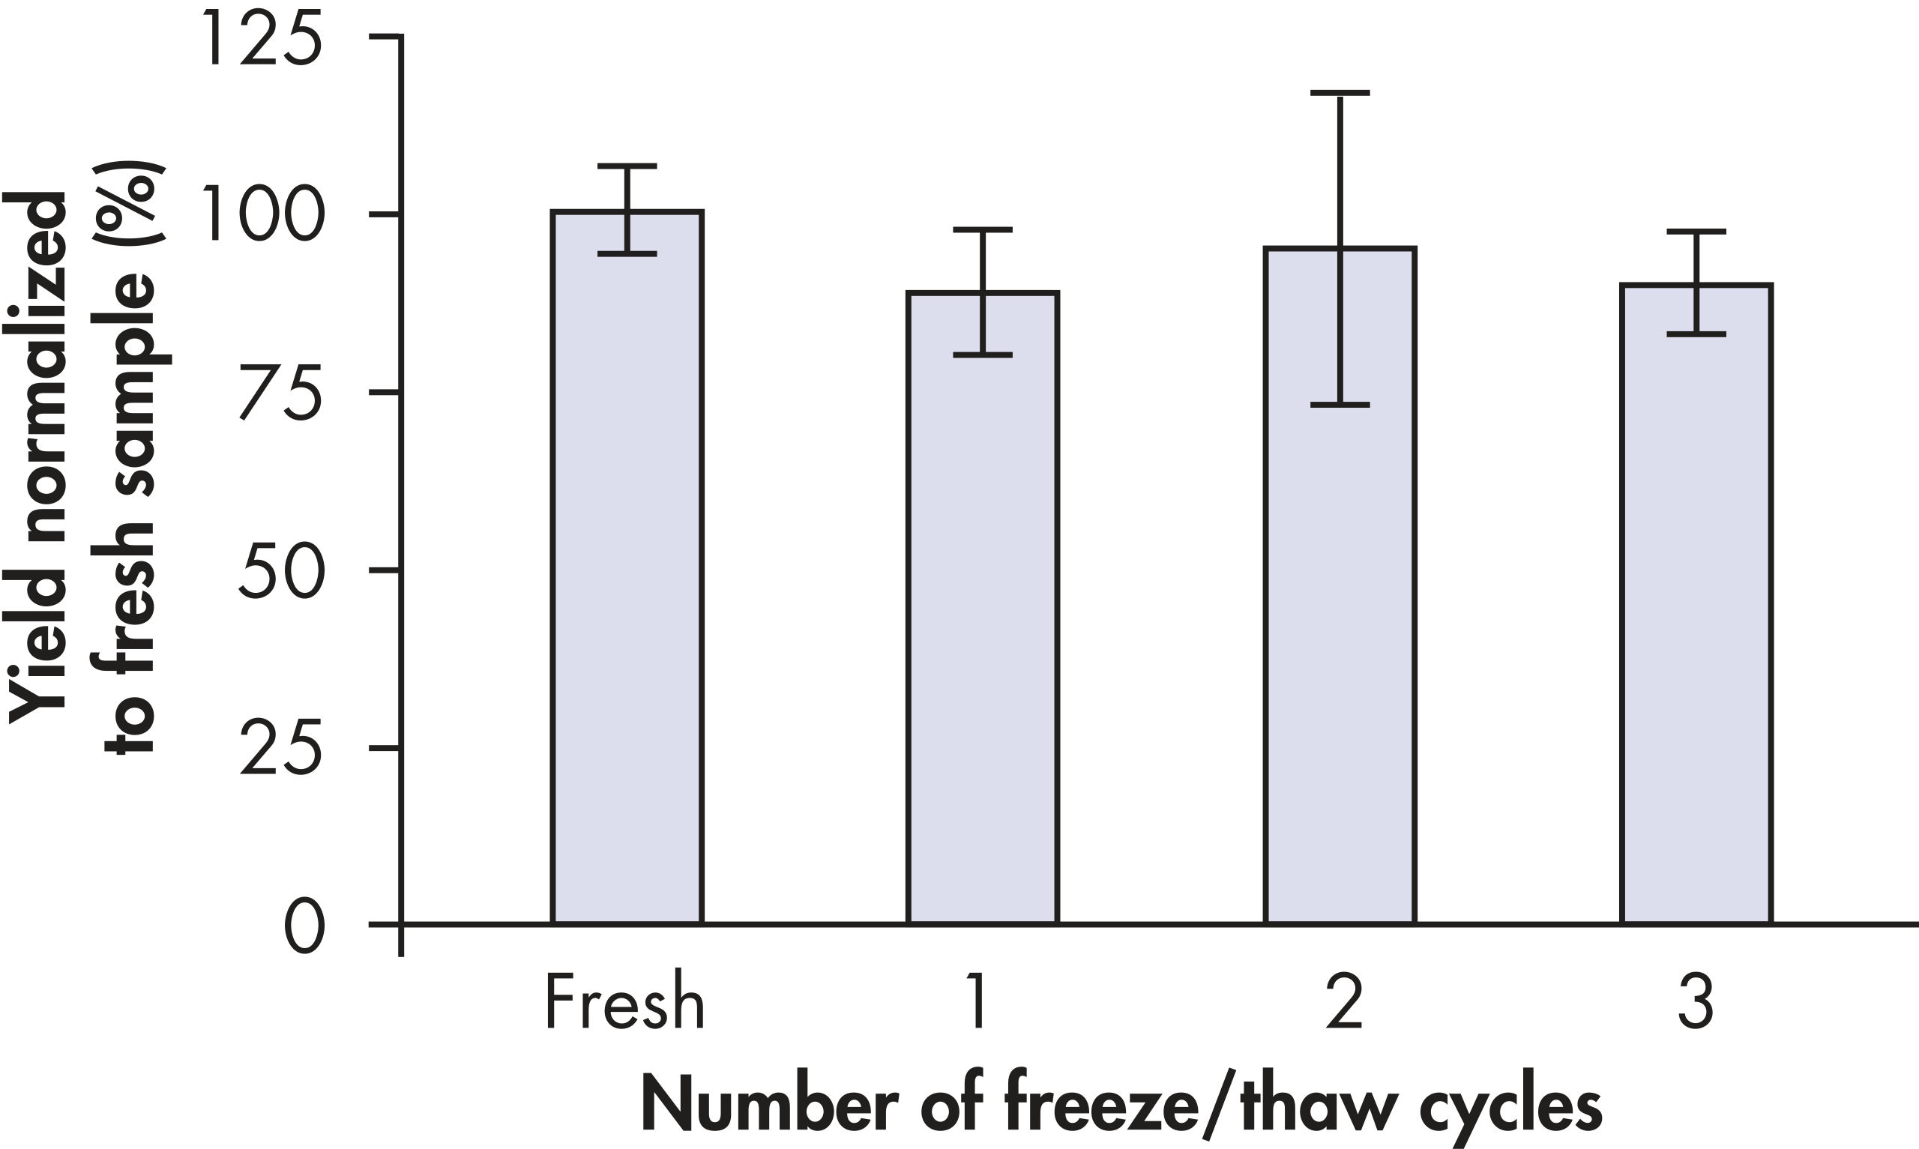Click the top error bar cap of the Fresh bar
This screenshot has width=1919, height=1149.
[x=627, y=166]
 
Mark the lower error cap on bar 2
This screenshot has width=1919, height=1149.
[x=1340, y=404]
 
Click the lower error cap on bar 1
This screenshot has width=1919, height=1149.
[x=983, y=355]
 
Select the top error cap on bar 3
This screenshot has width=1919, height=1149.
[x=1697, y=232]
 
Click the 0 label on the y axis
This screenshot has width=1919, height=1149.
[x=304, y=927]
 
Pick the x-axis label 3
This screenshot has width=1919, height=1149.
[x=1696, y=1004]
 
